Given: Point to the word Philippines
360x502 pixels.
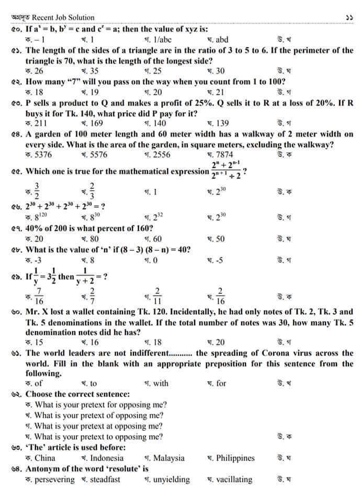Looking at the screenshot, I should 235,458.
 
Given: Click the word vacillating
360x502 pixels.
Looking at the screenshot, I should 234,480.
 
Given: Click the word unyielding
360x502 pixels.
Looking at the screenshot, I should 172,480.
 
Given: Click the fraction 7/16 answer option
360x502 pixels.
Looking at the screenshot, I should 39,294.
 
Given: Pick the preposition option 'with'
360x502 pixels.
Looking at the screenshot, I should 160,383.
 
